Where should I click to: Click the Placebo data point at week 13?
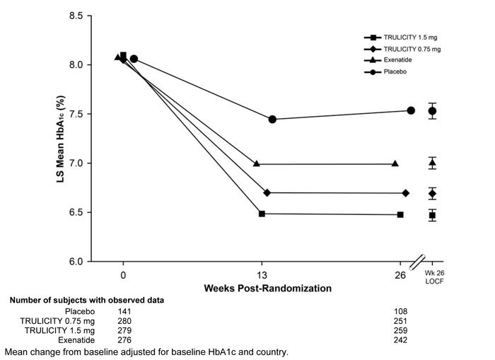[272, 120]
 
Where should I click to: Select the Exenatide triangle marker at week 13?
[257, 163]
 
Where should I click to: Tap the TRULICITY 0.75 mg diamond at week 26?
[405, 193]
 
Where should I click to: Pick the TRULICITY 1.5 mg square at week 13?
[262, 214]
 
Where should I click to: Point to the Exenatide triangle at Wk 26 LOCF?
[432, 163]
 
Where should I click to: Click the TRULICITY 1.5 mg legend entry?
[403, 37]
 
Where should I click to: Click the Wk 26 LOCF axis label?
[432, 278]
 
